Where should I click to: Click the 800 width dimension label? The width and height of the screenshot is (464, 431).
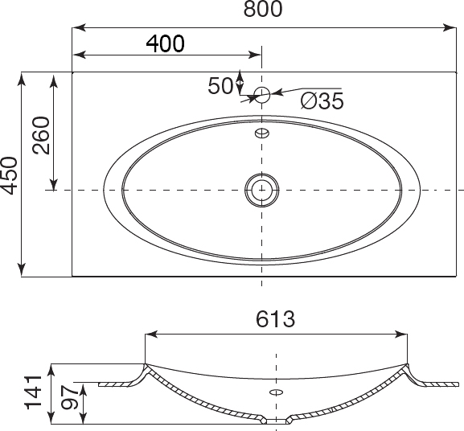click(x=263, y=9)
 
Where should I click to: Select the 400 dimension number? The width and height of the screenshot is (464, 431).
click(x=166, y=43)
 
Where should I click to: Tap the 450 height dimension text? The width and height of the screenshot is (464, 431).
click(x=8, y=176)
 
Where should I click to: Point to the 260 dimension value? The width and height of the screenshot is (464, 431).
click(x=41, y=135)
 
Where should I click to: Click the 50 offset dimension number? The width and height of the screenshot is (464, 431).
click(x=220, y=86)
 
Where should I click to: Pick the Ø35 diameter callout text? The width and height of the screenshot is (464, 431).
click(x=322, y=101)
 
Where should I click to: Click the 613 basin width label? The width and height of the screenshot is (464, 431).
click(x=276, y=319)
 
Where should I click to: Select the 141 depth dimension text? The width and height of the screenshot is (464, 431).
click(x=34, y=392)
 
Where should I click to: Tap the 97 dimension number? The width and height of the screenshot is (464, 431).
click(x=70, y=397)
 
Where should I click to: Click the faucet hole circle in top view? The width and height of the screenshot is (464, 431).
click(x=262, y=95)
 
